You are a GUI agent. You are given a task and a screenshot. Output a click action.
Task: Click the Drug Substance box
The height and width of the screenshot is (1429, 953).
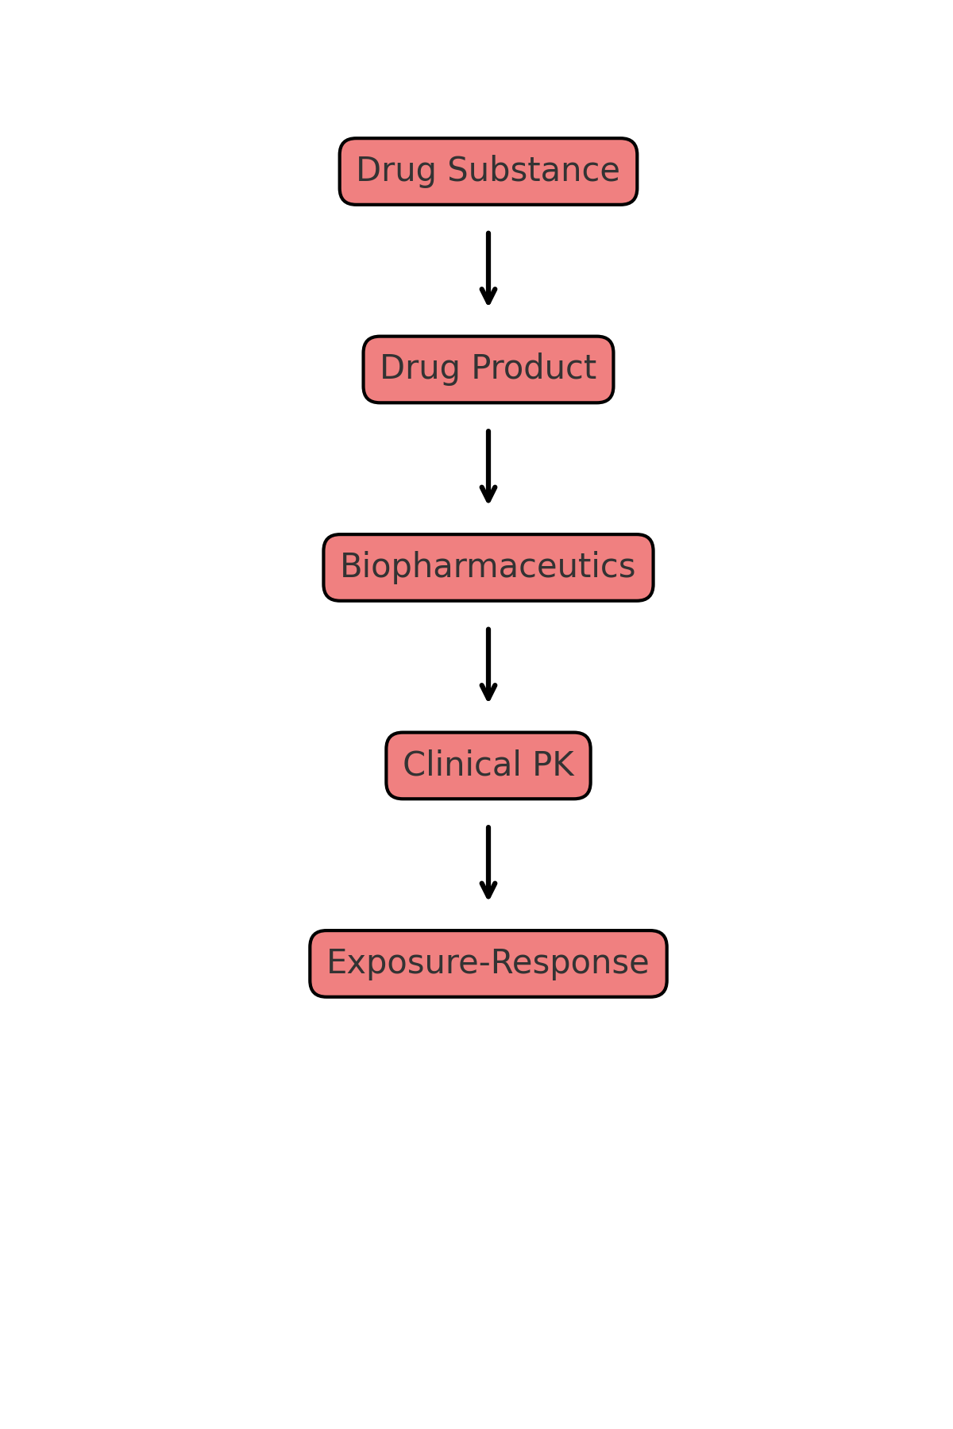pyautogui.click(x=488, y=171)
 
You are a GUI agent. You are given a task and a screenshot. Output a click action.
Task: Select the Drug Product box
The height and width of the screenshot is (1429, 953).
pyautogui.click(x=488, y=369)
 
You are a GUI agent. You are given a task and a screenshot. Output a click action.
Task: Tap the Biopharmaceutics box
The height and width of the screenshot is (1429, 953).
pyautogui.click(x=488, y=568)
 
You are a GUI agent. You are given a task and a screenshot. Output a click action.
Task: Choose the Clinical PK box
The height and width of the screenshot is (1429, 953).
pyautogui.click(x=488, y=765)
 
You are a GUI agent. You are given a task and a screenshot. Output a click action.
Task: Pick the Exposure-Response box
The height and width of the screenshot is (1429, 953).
pyautogui.click(x=488, y=964)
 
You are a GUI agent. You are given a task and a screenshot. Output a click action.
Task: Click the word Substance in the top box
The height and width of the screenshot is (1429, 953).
pyautogui.click(x=533, y=171)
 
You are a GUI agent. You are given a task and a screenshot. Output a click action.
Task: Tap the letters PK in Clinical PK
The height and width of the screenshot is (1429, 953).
pyautogui.click(x=553, y=765)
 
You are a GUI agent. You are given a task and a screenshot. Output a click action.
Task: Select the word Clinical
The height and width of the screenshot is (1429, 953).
pyautogui.click(x=461, y=765)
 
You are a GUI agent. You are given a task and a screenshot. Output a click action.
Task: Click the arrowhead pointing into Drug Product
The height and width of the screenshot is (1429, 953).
pyautogui.click(x=488, y=297)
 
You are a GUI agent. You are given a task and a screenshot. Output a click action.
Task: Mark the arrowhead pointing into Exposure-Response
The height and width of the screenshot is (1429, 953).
pyautogui.click(x=488, y=892)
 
